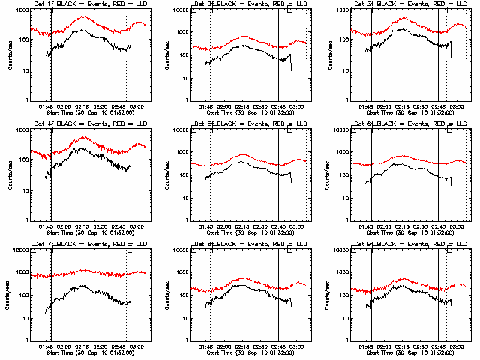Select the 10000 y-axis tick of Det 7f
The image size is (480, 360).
coord(19,252)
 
